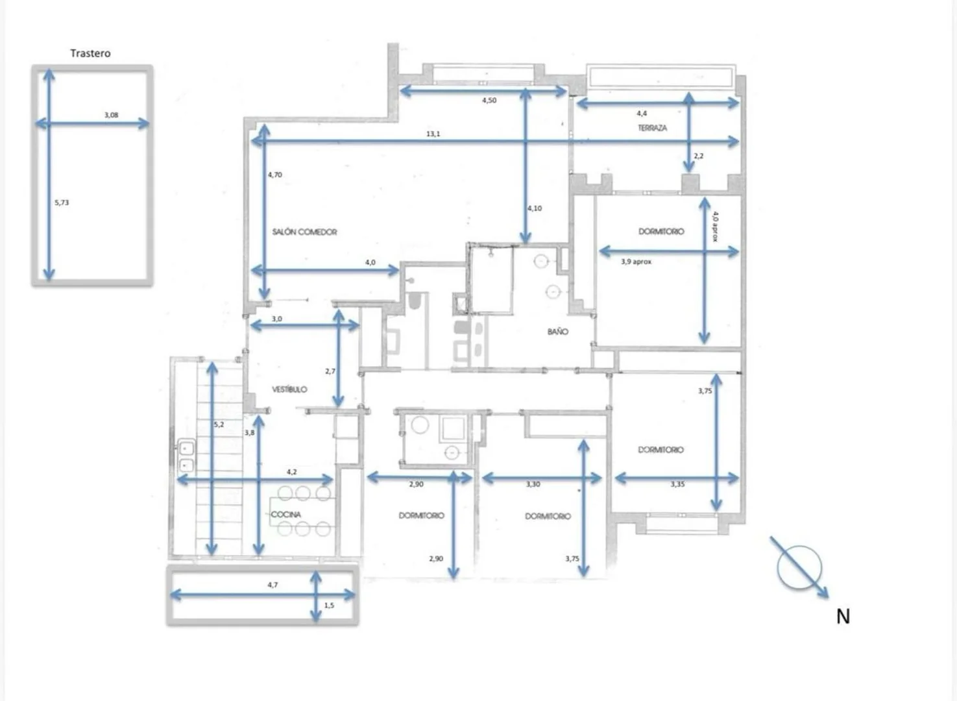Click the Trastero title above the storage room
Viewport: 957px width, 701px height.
(90, 53)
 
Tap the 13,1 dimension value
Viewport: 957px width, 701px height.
(433, 134)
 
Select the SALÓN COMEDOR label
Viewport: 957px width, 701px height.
(304, 232)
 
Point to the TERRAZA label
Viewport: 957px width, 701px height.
(653, 128)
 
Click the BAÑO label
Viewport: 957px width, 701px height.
(558, 331)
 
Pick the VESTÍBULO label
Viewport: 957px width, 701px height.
(289, 389)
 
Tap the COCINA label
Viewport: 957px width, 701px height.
(286, 514)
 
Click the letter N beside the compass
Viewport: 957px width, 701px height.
(843, 617)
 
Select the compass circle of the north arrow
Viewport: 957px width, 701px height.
(799, 568)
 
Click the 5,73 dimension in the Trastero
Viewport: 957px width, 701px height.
(62, 203)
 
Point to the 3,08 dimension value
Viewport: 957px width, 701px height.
(111, 115)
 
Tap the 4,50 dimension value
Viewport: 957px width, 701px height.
(489, 101)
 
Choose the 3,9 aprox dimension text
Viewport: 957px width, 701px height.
(636, 262)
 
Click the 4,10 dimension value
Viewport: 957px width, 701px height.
(535, 208)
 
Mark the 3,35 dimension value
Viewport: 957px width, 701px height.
(677, 484)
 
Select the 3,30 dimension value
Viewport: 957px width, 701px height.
(533, 484)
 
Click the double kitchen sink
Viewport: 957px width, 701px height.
(186, 456)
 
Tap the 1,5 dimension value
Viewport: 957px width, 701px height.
(329, 605)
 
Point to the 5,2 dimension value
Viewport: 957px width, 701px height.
(219, 424)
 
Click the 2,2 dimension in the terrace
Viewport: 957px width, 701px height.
(699, 156)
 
